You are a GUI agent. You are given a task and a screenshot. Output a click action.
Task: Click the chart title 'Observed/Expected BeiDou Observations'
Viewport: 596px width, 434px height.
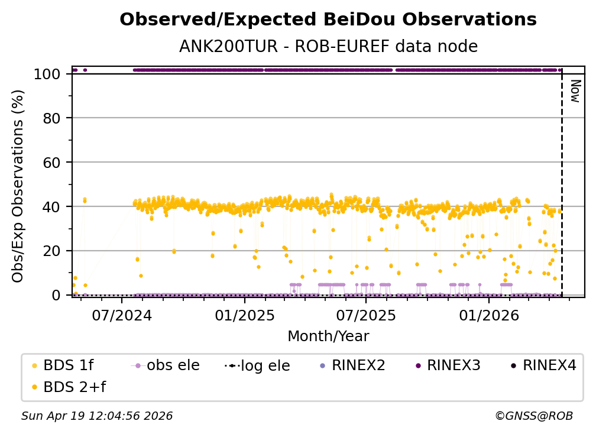(328, 20)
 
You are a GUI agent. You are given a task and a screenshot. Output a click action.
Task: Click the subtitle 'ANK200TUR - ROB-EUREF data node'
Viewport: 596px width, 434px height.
(328, 46)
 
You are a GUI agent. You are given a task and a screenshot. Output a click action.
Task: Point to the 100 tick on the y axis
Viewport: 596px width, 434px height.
(47, 74)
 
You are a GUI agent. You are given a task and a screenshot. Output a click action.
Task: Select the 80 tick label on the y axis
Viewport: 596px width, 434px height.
(51, 118)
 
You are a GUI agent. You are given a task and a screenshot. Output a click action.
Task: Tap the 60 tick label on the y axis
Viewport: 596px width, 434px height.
(51, 163)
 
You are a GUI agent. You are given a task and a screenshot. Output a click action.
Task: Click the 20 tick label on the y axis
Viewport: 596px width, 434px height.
(51, 251)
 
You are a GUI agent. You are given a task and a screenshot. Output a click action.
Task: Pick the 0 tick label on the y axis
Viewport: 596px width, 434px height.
(56, 295)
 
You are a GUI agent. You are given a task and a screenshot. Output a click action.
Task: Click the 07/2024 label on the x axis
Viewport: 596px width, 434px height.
(122, 315)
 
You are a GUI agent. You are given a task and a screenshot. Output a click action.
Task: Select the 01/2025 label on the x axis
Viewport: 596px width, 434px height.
(244, 315)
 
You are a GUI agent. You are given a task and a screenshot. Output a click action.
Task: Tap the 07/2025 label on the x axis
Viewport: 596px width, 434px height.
(365, 315)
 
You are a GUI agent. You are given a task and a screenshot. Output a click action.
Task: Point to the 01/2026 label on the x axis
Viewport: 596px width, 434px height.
(489, 315)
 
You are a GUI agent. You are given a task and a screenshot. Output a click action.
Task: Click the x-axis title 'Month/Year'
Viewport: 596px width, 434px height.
(328, 336)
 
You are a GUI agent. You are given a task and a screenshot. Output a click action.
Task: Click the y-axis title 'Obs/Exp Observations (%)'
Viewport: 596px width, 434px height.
(18, 186)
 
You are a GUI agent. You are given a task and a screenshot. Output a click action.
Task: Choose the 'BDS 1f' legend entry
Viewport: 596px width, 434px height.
(63, 365)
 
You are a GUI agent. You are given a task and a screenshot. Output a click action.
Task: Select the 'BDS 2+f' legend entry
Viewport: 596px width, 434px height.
(69, 387)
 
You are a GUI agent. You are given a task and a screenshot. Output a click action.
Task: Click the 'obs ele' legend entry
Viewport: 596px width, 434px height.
(166, 365)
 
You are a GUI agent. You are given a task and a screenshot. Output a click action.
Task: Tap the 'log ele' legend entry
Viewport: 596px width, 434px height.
(257, 365)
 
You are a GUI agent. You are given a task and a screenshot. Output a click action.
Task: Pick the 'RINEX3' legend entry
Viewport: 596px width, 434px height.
(449, 365)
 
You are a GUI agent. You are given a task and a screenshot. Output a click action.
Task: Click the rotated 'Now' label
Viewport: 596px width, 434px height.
(576, 91)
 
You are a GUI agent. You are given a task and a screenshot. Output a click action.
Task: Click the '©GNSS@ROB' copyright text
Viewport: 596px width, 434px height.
(534, 416)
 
